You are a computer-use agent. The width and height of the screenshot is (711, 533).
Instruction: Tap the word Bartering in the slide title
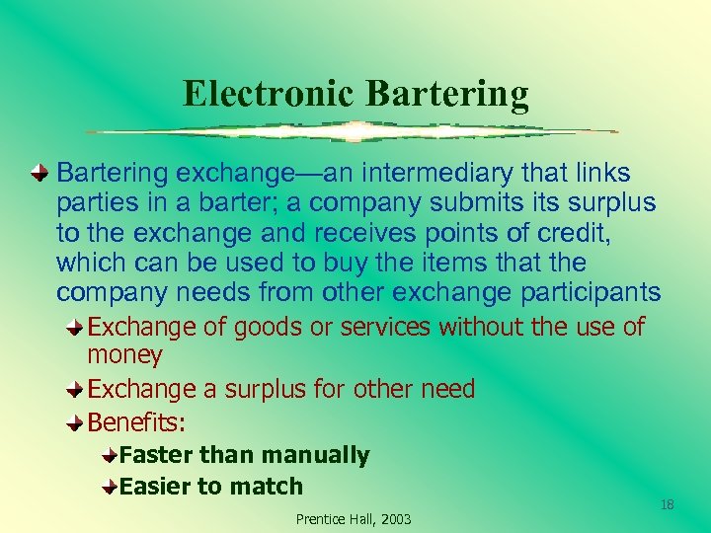[447, 94]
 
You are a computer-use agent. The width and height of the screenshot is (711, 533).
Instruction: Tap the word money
[124, 354]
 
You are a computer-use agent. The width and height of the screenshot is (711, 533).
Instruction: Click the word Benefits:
[137, 421]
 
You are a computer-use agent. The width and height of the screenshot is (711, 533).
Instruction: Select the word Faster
[155, 455]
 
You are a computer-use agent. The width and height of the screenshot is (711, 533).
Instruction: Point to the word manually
[313, 455]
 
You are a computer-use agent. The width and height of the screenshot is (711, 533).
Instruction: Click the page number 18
[667, 505]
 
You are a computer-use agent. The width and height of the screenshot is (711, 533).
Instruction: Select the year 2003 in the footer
[394, 519]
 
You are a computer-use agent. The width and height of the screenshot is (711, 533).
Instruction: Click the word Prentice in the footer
[321, 519]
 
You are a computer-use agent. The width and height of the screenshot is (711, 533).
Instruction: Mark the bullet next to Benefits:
[75, 422]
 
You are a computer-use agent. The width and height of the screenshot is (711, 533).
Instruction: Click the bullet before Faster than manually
[109, 456]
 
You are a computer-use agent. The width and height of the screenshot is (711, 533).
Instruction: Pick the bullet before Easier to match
[109, 487]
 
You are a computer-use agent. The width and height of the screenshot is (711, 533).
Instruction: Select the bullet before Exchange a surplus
[75, 389]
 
